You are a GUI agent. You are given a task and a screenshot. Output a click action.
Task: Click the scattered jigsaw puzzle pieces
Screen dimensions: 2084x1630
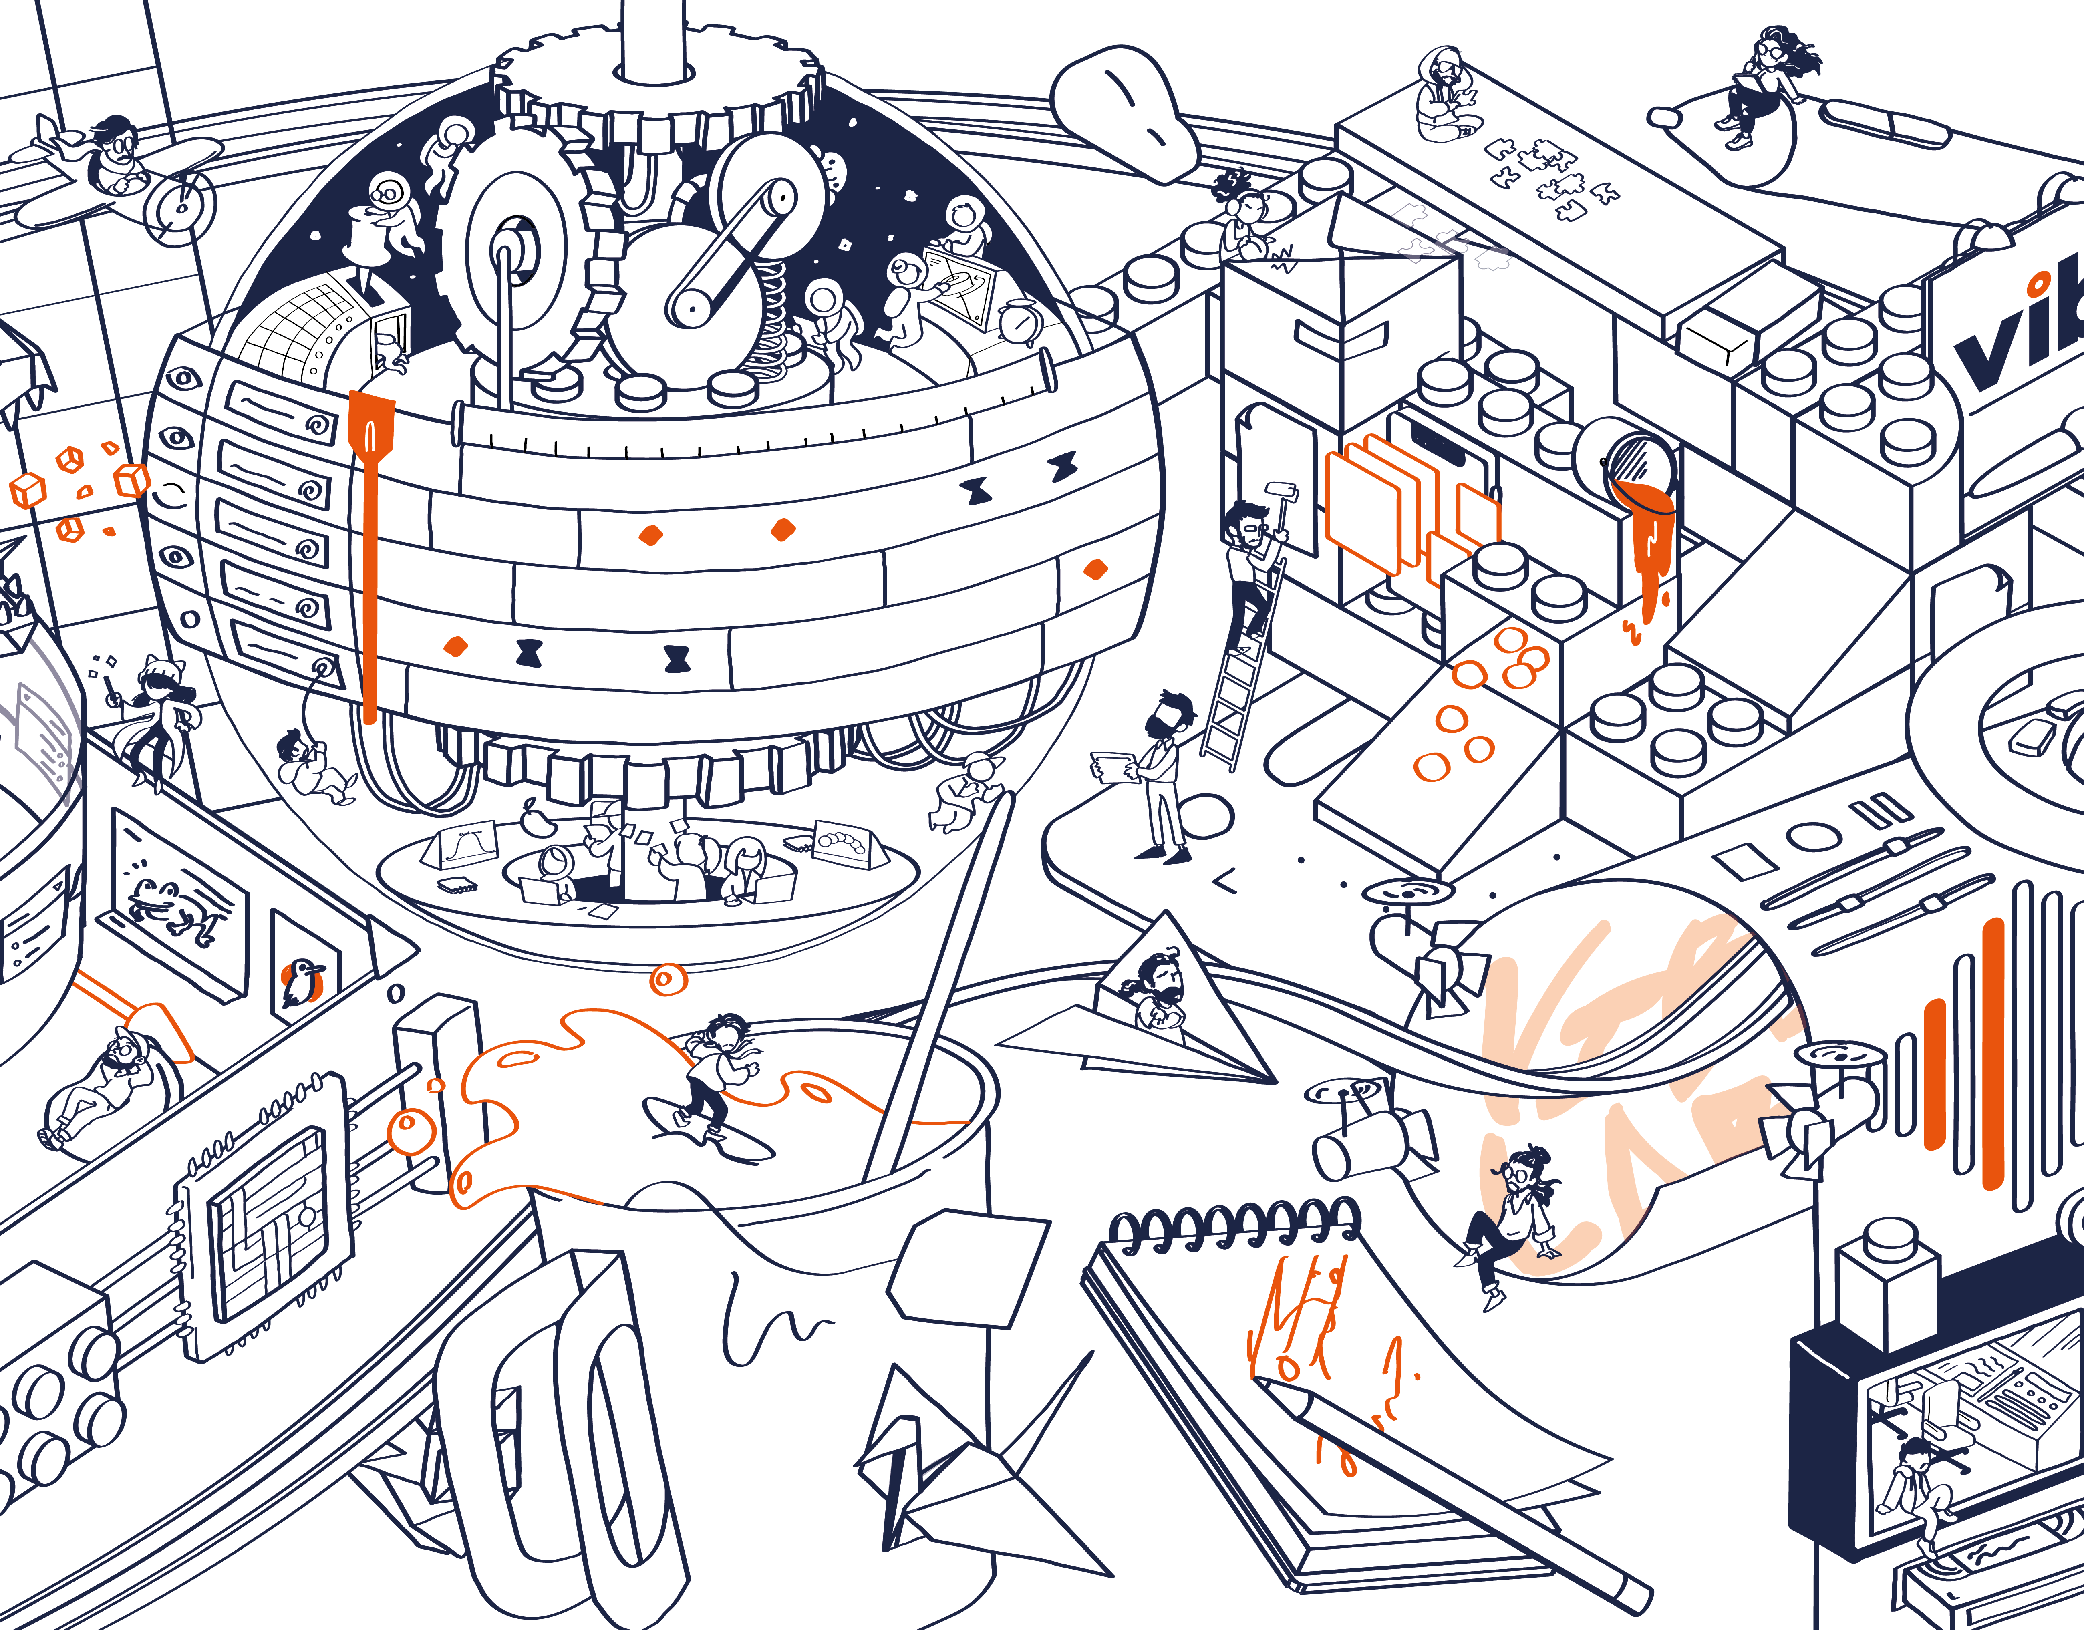coord(1550,177)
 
